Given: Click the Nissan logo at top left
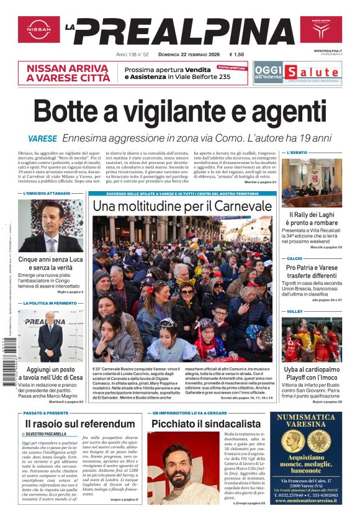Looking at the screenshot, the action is (38, 29).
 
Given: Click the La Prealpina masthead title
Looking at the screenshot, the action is (181, 31).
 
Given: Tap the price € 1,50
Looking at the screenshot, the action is (236, 55).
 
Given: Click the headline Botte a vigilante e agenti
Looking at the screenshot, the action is (179, 112).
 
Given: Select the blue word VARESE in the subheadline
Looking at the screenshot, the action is (42, 139).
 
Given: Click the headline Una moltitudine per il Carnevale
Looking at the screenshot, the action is (182, 206).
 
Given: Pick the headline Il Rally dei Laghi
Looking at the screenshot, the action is (312, 214).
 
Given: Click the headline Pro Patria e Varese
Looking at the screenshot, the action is (312, 268).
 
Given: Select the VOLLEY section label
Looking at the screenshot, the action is (295, 311).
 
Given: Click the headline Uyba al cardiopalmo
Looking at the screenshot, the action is (312, 369).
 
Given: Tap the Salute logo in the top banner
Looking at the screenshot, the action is (321, 71).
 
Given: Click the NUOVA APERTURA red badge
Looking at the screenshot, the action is (232, 68).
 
